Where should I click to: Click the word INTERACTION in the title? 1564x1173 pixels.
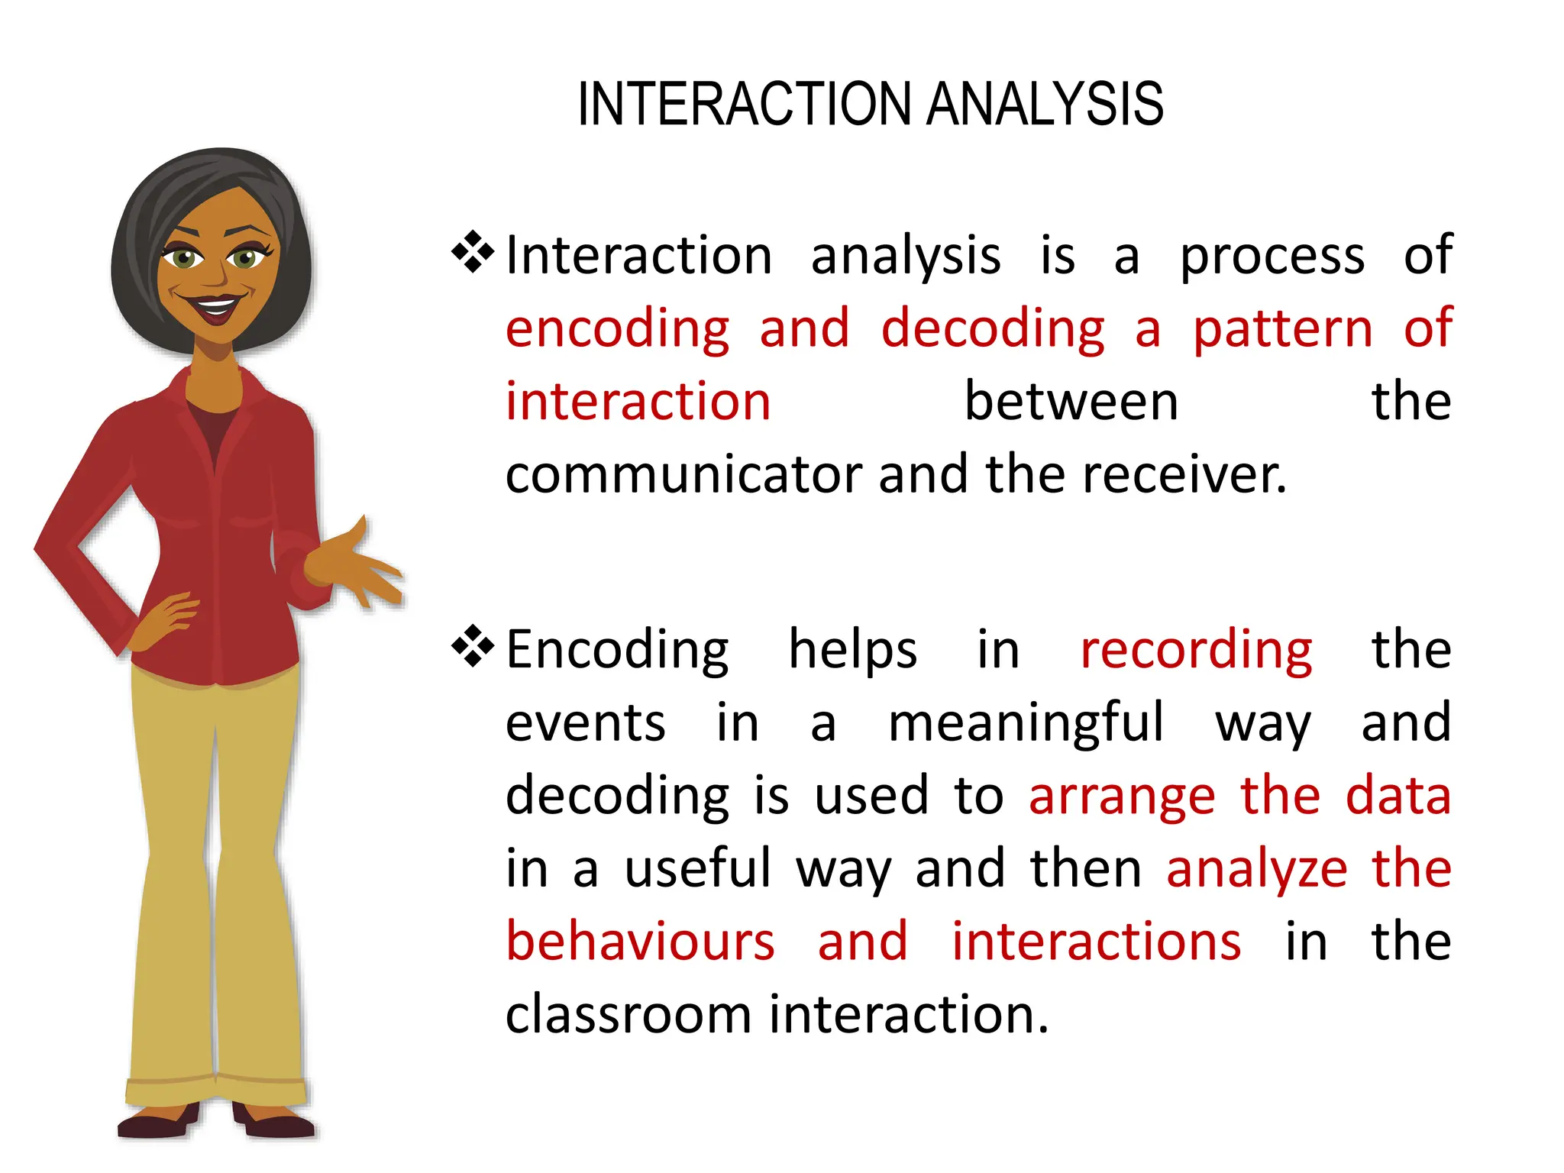pos(745,105)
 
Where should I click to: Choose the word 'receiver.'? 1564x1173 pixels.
pos(1184,475)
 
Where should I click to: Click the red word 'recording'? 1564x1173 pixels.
pos(1196,651)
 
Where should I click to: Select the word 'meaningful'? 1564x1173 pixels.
pos(1026,722)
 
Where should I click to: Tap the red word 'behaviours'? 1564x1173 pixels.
pos(640,941)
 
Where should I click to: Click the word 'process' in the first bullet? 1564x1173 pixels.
pos(1272,257)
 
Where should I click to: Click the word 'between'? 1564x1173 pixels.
pos(1071,402)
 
